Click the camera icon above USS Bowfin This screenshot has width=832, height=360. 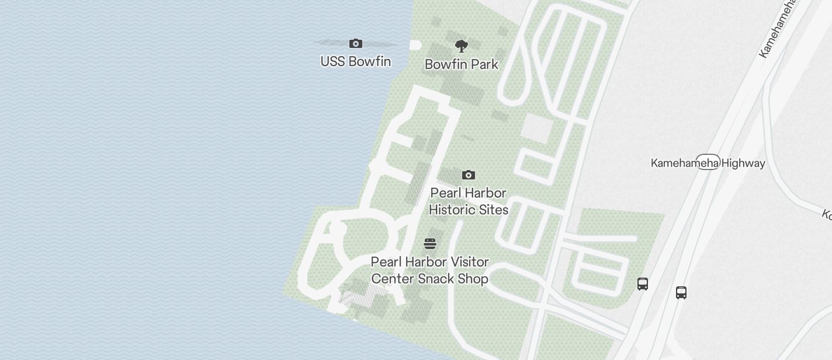(x=355, y=44)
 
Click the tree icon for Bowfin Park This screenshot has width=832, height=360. (x=462, y=46)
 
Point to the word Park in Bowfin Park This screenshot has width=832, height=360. (x=484, y=64)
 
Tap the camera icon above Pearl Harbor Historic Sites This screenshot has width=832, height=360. (x=468, y=175)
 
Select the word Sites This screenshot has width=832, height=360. (x=494, y=209)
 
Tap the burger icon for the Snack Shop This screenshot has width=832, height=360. (x=430, y=244)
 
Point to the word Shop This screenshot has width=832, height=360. (x=473, y=279)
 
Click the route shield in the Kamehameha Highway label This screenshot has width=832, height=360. (x=708, y=163)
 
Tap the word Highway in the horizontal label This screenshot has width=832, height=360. (x=743, y=164)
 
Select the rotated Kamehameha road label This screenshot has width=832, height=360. (x=777, y=29)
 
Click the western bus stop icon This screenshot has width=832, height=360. (x=643, y=284)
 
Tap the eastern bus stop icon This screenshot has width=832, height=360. (x=681, y=292)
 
